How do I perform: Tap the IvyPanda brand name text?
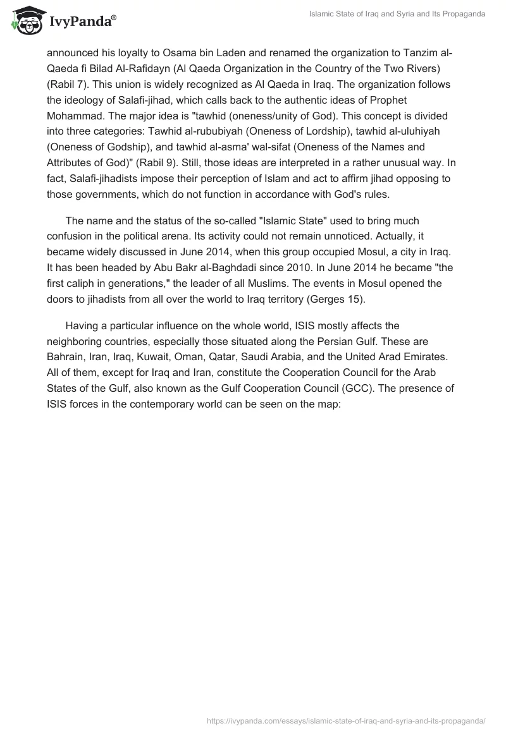tap(82, 21)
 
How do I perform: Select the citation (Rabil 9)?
tap(182, 147)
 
